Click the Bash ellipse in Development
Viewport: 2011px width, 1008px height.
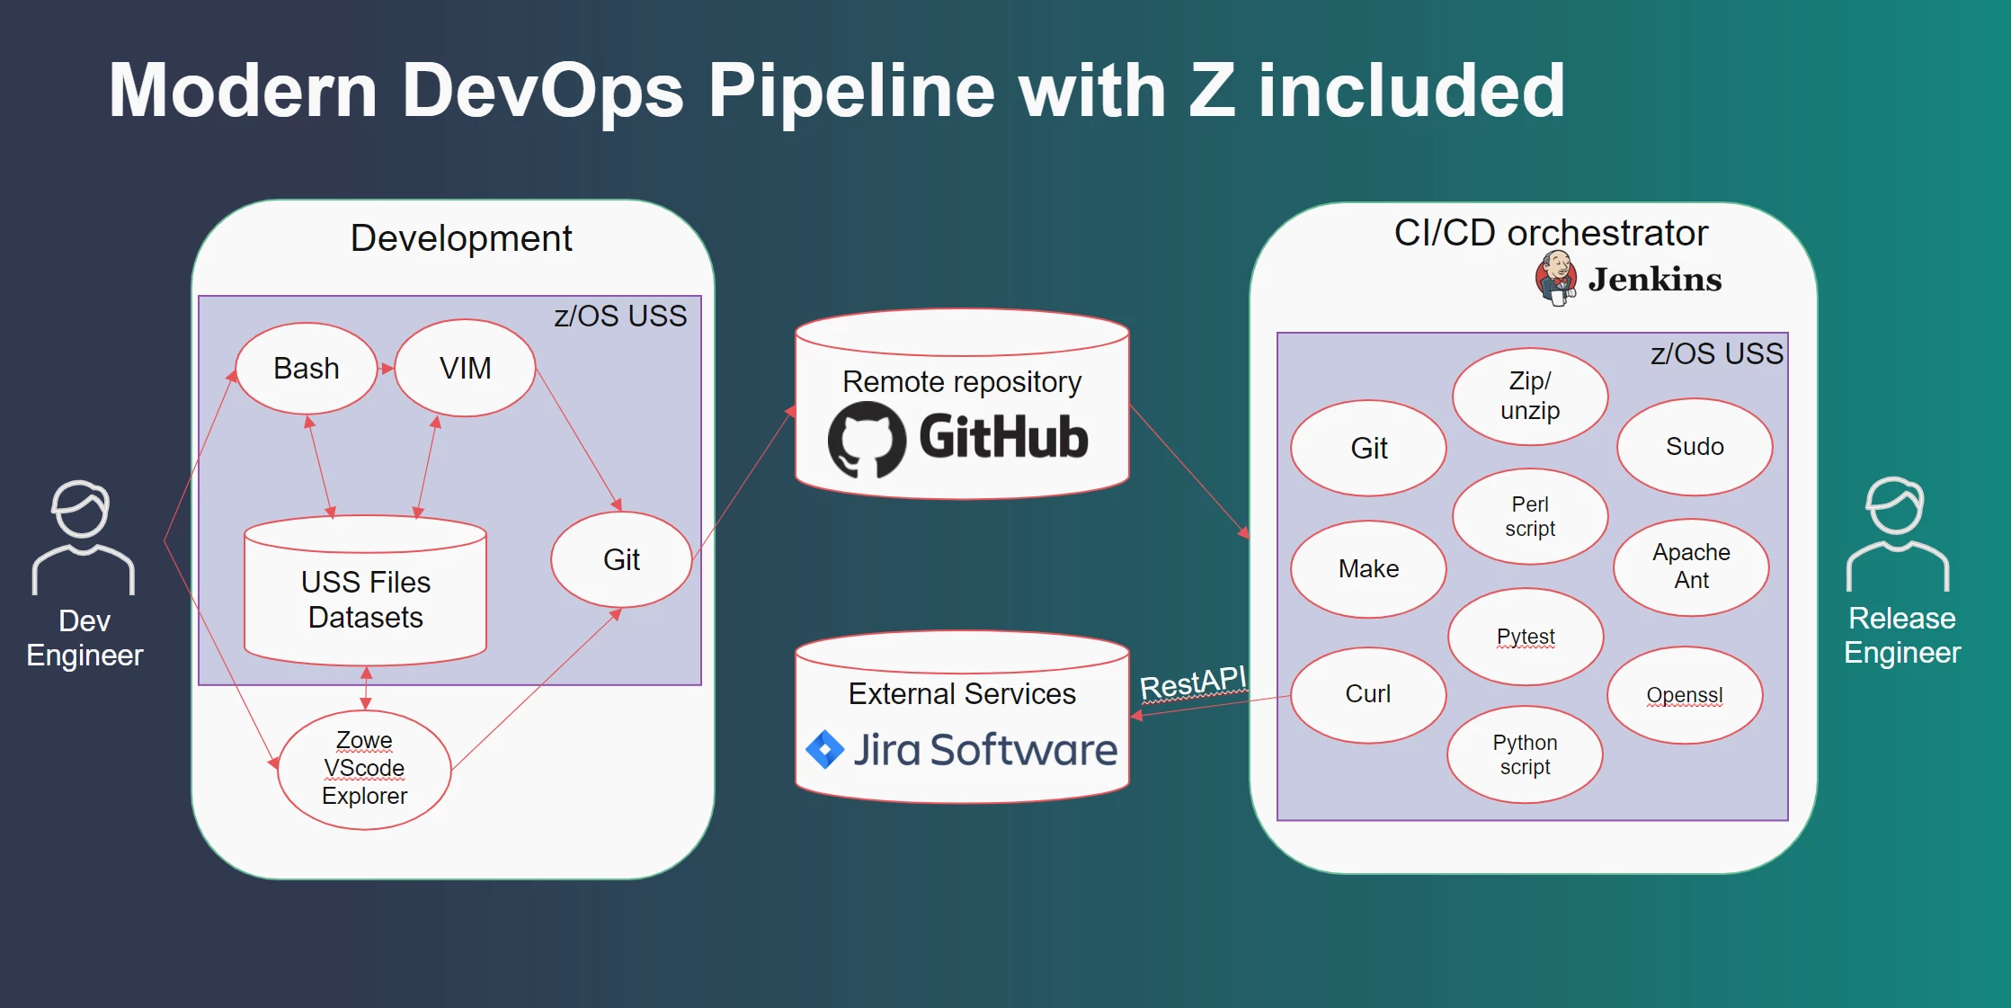click(x=307, y=369)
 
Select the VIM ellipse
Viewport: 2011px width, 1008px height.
click(x=465, y=369)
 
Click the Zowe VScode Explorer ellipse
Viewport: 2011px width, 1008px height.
click(x=364, y=769)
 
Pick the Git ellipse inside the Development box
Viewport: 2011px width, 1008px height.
click(x=621, y=559)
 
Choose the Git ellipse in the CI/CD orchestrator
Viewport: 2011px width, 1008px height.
click(x=1368, y=448)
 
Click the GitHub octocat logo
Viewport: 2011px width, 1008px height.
click(x=866, y=439)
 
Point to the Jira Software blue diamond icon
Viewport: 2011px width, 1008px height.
click(x=824, y=749)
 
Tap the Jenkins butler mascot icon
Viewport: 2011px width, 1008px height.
click(x=1556, y=278)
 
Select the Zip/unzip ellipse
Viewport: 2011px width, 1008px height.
click(x=1530, y=396)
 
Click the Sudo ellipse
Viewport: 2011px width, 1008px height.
click(x=1695, y=447)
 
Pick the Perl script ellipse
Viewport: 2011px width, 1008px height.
click(x=1530, y=516)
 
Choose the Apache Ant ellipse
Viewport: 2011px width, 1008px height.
click(x=1691, y=566)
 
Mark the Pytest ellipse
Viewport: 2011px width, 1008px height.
click(x=1526, y=637)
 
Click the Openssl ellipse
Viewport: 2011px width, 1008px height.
click(x=1685, y=695)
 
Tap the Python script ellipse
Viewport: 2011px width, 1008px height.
click(x=1525, y=754)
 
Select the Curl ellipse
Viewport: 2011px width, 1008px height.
click(x=1368, y=694)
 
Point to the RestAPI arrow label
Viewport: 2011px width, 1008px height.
click(x=1193, y=683)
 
